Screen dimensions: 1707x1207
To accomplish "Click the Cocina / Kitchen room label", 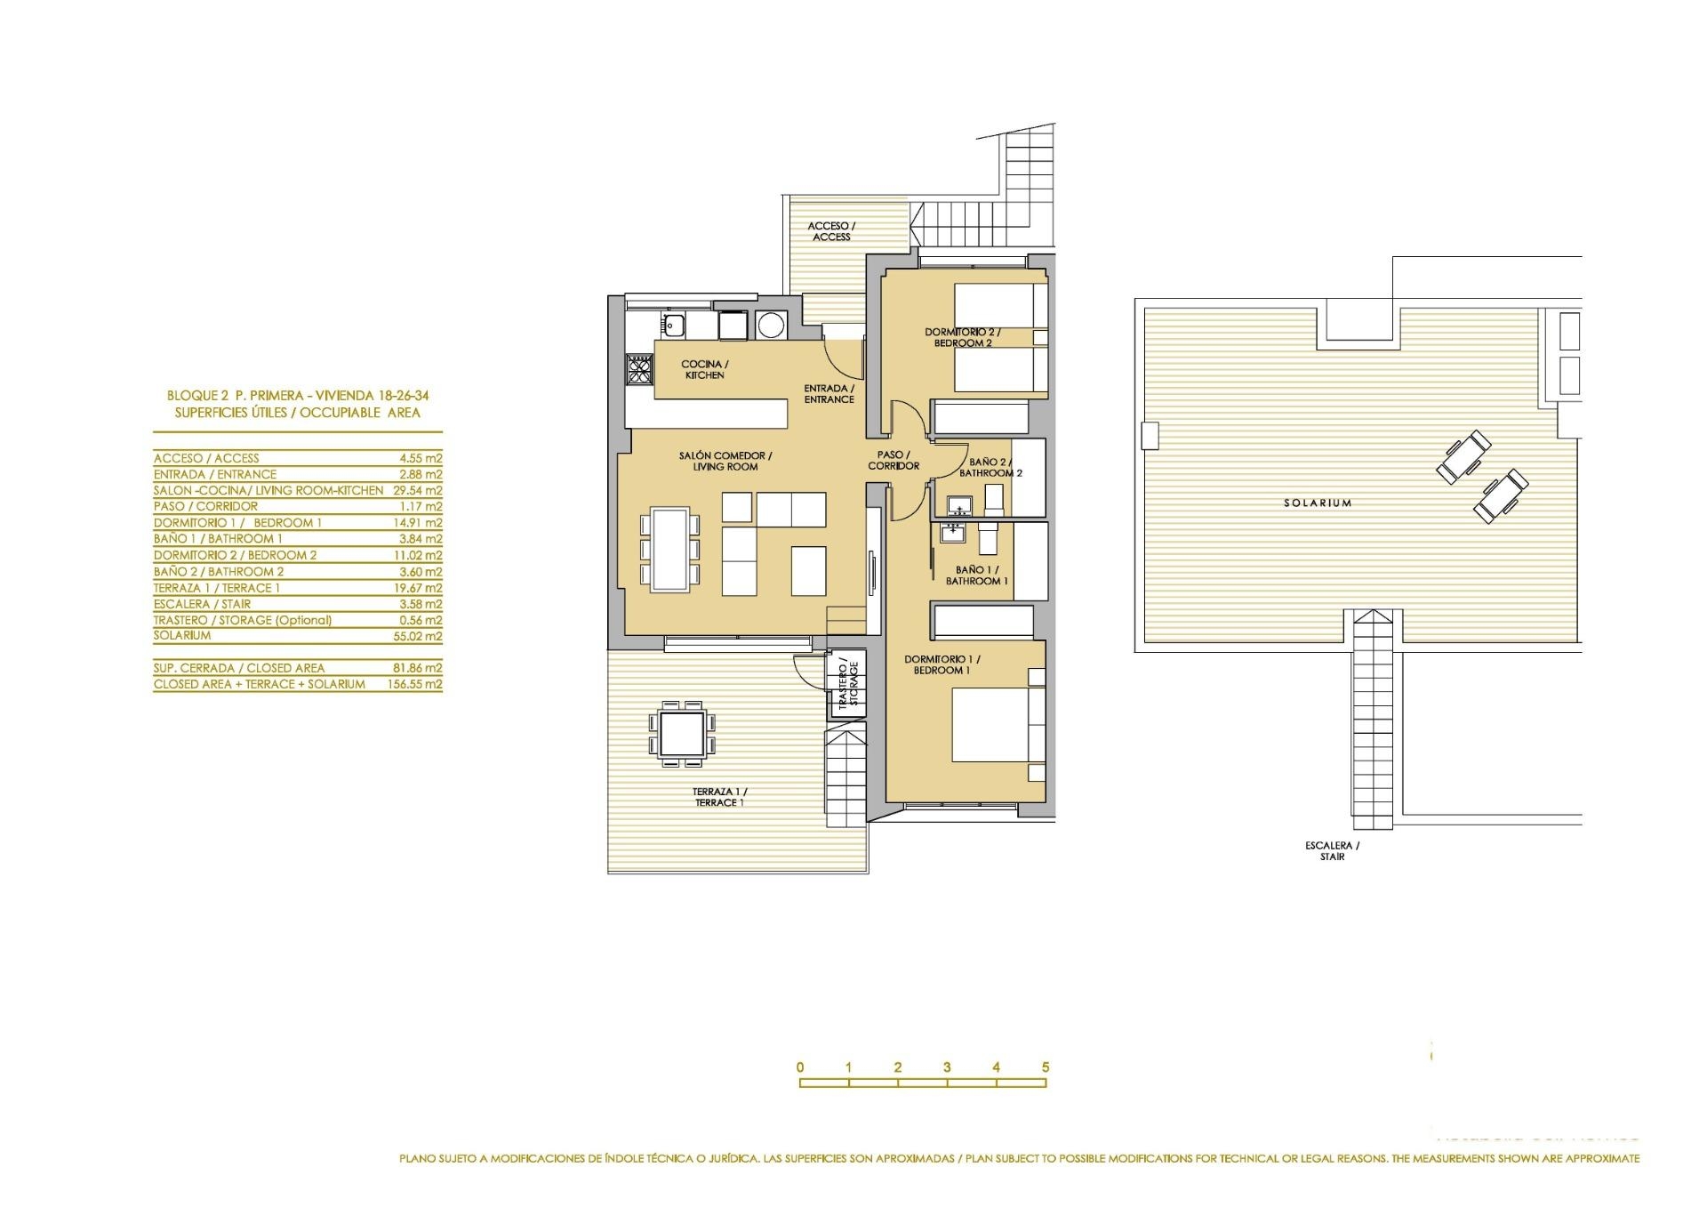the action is pyautogui.click(x=705, y=369).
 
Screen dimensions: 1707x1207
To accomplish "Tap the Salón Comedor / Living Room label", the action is pyautogui.click(x=725, y=461).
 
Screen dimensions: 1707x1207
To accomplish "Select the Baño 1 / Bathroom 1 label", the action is pyautogui.click(x=977, y=575).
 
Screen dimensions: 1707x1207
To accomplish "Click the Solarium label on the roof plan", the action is pyautogui.click(x=1318, y=503).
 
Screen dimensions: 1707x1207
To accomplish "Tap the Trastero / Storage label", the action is pyautogui.click(x=847, y=685).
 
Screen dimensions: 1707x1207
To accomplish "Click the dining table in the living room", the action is pyautogui.click(x=670, y=549).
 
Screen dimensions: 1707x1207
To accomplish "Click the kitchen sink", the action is pyautogui.click(x=672, y=326).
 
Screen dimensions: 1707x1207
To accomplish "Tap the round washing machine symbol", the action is pyautogui.click(x=770, y=326).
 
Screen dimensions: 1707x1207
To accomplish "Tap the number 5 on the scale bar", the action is pyautogui.click(x=1046, y=1067).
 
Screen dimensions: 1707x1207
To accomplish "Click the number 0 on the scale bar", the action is pyautogui.click(x=801, y=1067).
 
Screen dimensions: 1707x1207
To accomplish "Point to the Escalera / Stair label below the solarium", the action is pyautogui.click(x=1333, y=851).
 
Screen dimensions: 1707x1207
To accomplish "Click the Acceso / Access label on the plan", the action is pyautogui.click(x=831, y=231).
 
